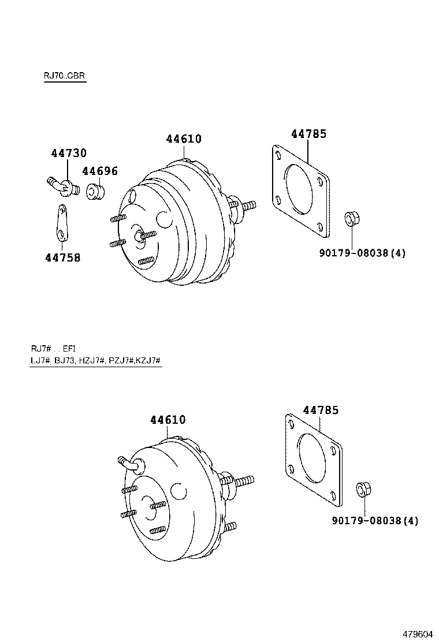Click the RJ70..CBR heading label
click(64, 76)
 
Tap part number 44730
click(69, 153)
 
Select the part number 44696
click(99, 171)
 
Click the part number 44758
click(62, 257)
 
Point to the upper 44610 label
click(184, 139)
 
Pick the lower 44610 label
click(168, 420)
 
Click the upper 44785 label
click(308, 134)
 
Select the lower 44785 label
click(321, 410)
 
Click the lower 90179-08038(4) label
click(375, 521)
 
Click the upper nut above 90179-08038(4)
click(351, 219)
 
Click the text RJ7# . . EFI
click(53, 348)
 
